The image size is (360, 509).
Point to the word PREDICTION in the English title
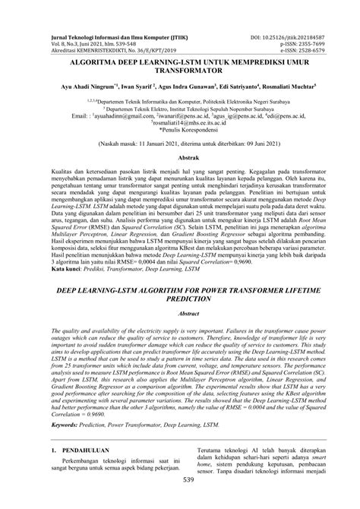pyautogui.click(x=180, y=300)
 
